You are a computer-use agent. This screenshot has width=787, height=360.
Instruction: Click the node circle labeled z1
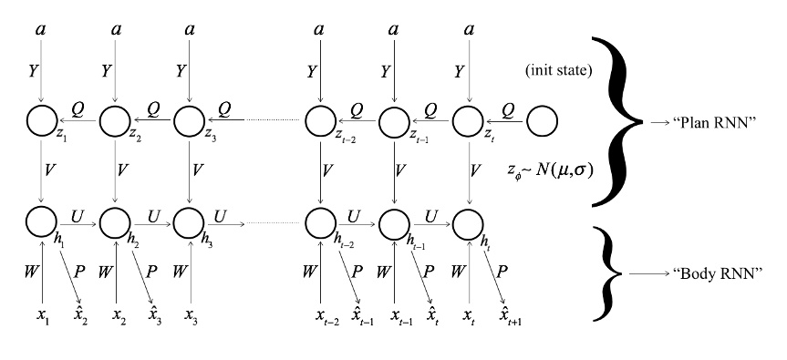point(41,119)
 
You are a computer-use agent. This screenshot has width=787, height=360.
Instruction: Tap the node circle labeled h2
point(115,221)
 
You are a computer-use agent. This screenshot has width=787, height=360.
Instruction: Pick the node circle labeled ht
point(468,221)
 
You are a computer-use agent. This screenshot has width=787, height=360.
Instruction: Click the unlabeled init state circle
point(542,119)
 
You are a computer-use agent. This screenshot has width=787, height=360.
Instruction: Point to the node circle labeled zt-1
point(394,119)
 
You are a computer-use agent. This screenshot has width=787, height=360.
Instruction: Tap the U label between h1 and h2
point(78,211)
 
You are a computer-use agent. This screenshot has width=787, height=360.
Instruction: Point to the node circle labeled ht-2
point(319,221)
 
